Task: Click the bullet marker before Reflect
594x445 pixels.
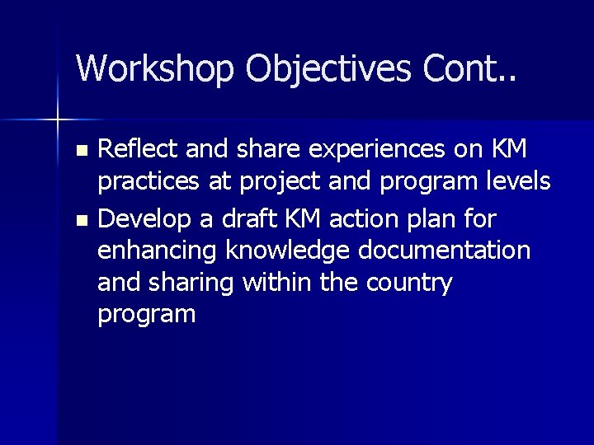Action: pos(80,152)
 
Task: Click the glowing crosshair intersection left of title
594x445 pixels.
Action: pos(57,120)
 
